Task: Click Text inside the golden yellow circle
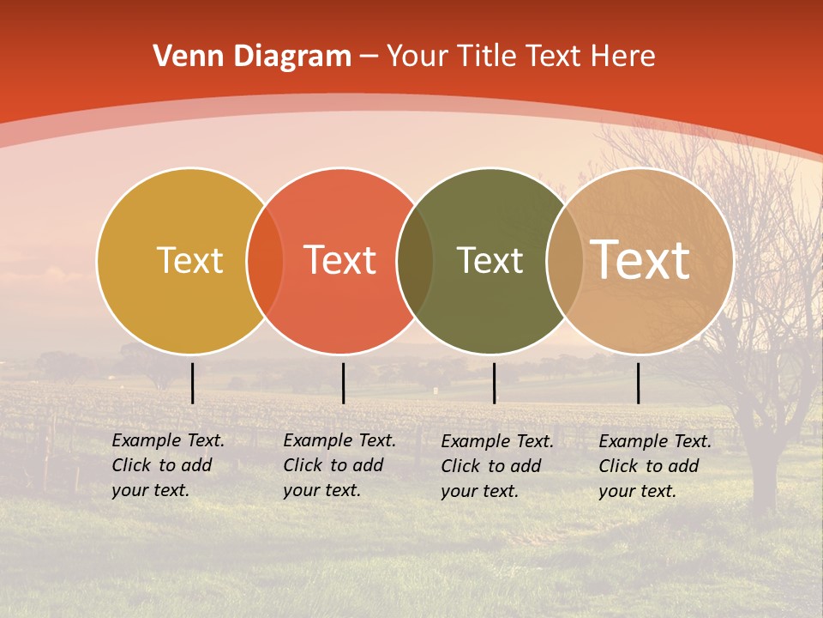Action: [x=189, y=261]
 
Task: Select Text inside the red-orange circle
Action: [x=339, y=261]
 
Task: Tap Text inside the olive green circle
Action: [x=490, y=261]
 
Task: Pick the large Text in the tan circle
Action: [x=640, y=260]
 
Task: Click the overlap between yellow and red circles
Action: [x=265, y=261]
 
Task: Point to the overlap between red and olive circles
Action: [x=415, y=261]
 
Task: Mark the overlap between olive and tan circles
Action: [x=565, y=261]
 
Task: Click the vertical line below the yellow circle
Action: [x=193, y=383]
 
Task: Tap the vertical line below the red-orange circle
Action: [x=343, y=383]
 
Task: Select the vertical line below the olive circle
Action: [x=494, y=383]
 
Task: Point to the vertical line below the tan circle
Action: [x=638, y=383]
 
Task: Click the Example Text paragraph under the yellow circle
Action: [x=167, y=465]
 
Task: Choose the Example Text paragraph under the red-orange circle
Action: [x=339, y=465]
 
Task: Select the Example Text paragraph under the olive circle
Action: [x=496, y=466]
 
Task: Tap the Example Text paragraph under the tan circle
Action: [x=654, y=466]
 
